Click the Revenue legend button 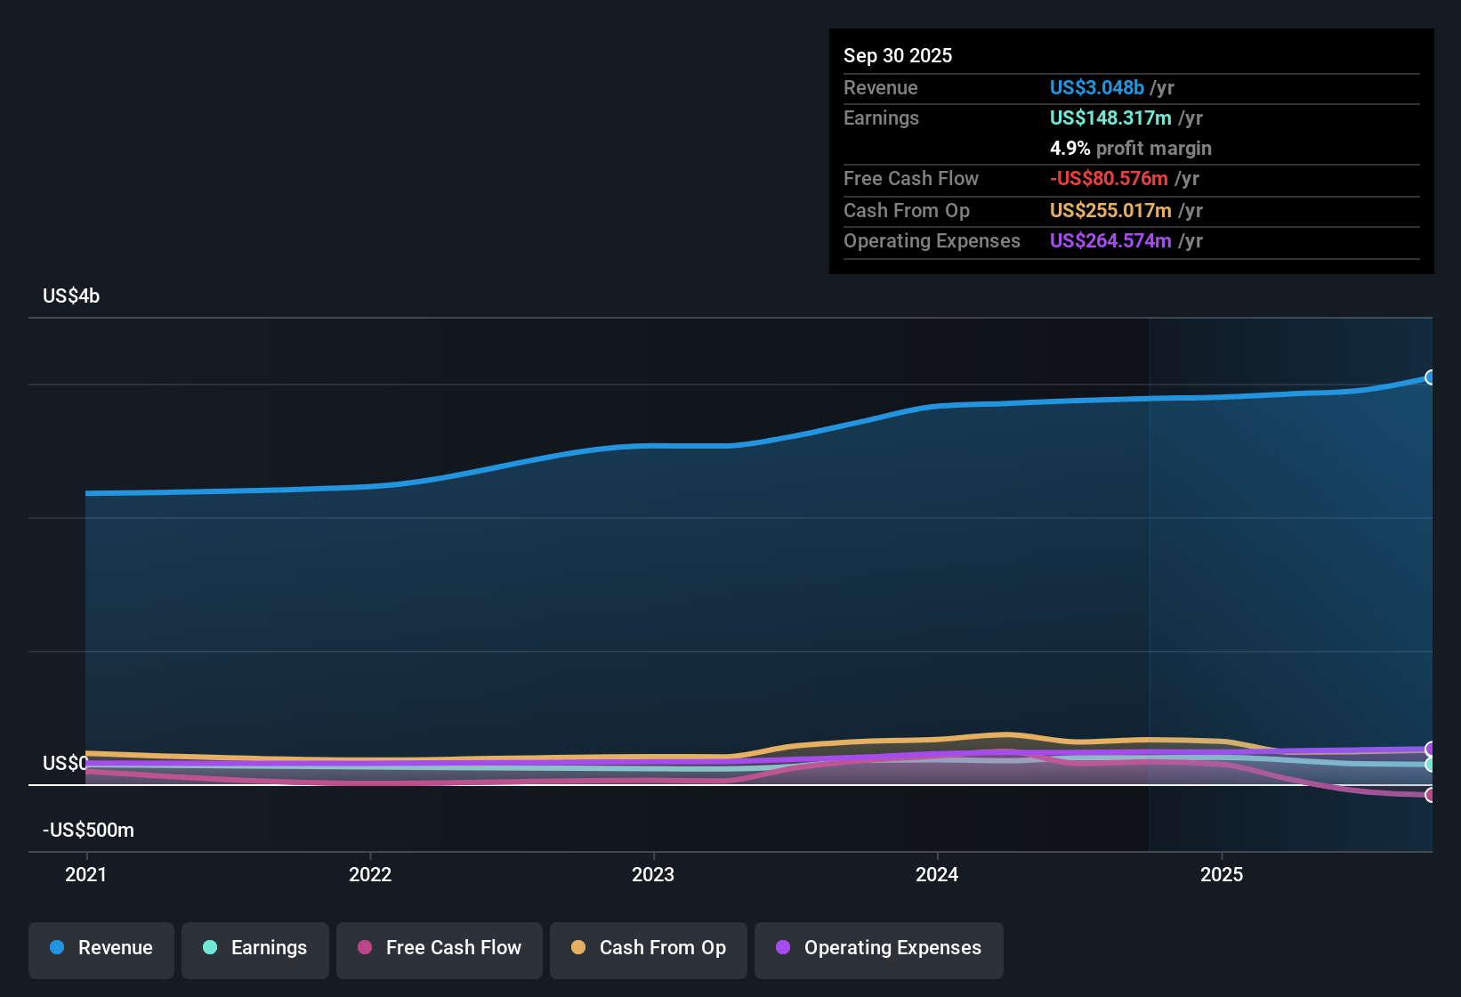101,948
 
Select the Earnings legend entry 255,948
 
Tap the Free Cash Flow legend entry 440,948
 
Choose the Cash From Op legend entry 649,948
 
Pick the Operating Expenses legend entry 879,948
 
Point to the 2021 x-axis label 86,874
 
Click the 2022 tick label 370,874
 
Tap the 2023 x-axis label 653,874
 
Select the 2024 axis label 937,874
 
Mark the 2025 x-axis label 1222,874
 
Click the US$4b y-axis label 71,296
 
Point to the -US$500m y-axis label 88,831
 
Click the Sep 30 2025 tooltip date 898,56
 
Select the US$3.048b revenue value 1096,88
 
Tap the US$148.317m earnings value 1110,118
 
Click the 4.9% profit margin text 1130,149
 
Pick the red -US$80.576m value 1109,179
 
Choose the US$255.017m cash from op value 1110,211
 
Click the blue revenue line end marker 1430,377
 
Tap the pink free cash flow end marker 1430,795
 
